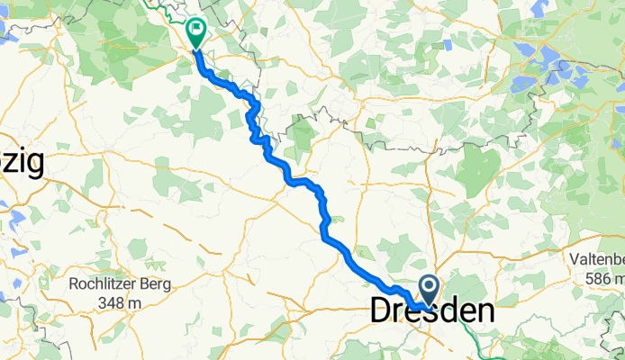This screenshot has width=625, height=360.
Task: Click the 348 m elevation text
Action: pos(122,302)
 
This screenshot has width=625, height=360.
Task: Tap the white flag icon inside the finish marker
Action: pos(196,29)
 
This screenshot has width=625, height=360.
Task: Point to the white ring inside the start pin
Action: pos(429,288)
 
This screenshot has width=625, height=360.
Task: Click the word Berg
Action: pos(155,284)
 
